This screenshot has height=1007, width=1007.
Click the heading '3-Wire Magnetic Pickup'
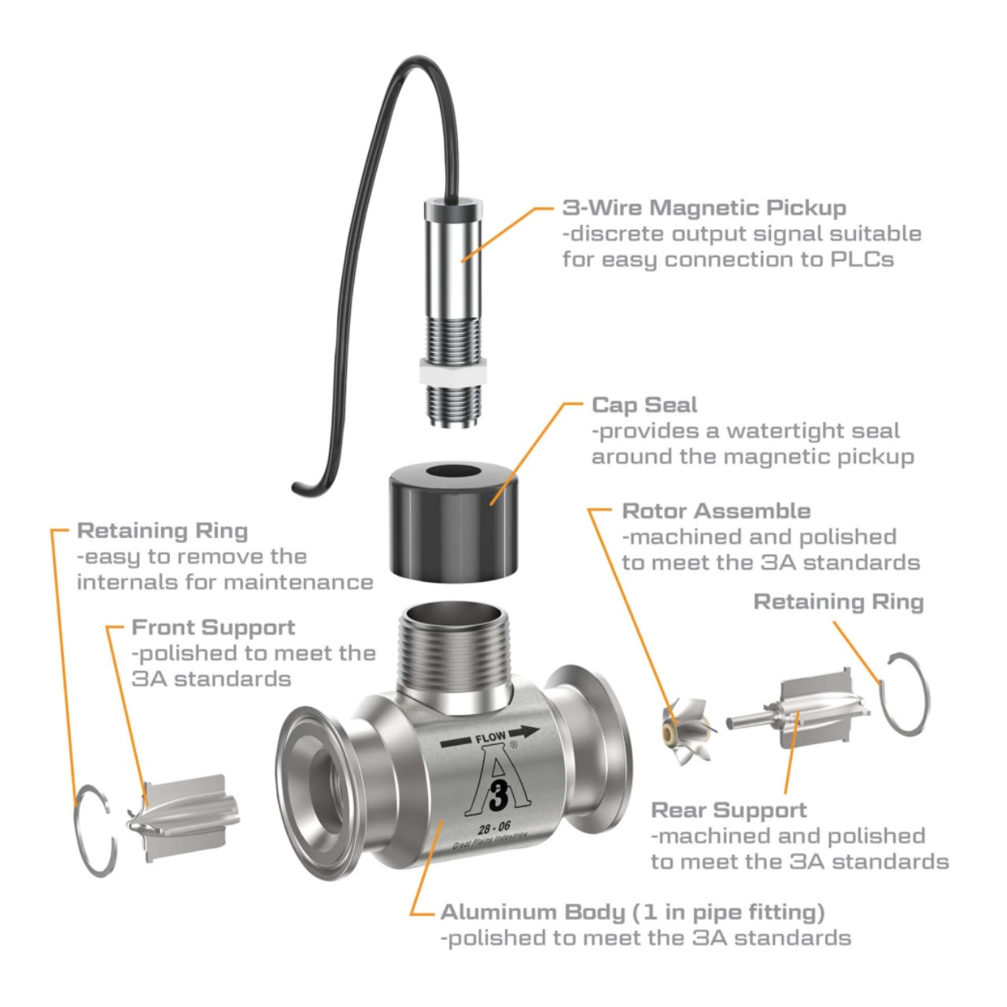click(x=704, y=208)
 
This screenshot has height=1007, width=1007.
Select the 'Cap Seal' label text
click(x=644, y=405)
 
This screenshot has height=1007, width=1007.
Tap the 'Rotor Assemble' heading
click(x=716, y=511)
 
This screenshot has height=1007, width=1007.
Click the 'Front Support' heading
click(x=213, y=627)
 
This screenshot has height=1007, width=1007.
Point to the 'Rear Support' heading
click(x=729, y=810)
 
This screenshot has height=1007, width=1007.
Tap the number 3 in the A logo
click(x=494, y=798)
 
